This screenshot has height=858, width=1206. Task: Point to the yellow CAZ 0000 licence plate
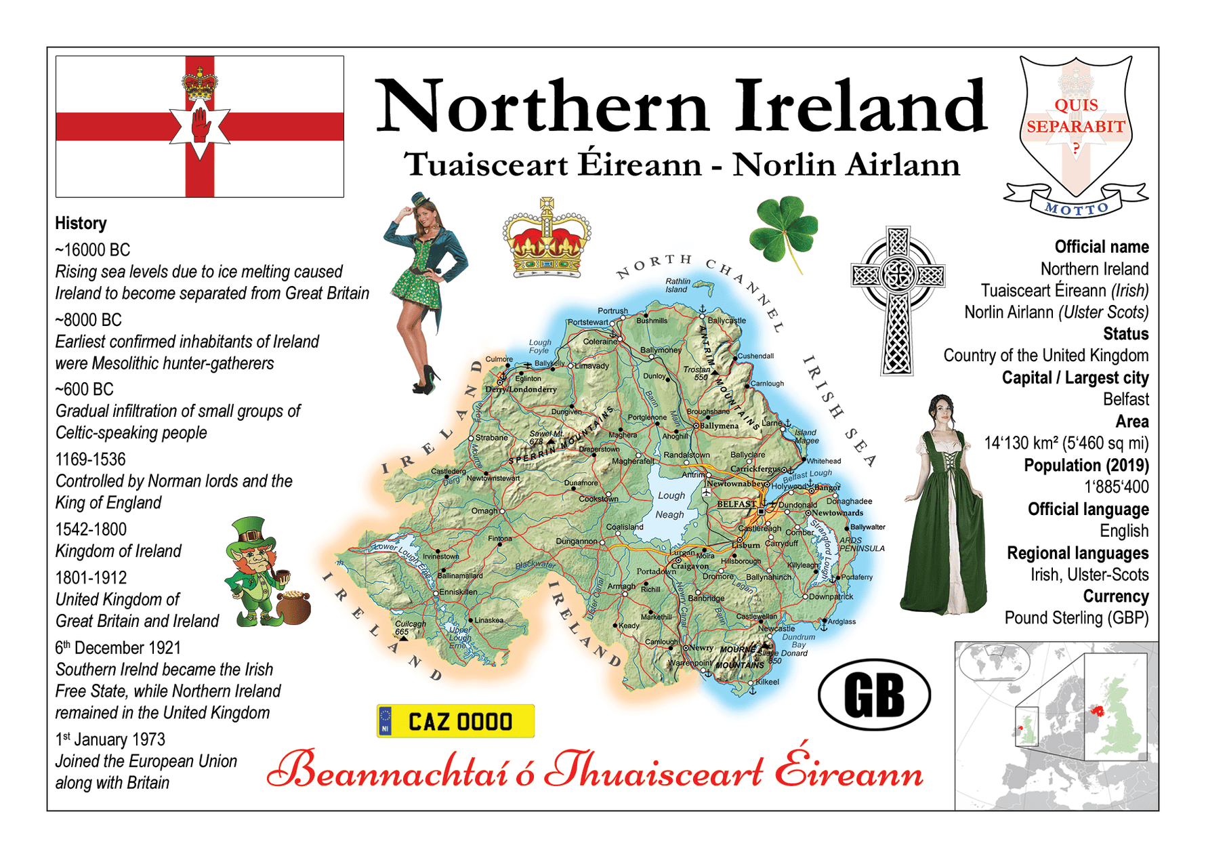click(455, 721)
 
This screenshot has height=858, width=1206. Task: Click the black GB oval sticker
click(874, 695)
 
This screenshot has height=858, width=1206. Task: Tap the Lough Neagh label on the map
click(670, 505)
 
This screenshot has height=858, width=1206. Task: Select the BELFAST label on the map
click(736, 504)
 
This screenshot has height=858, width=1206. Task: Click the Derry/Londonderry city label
click(521, 390)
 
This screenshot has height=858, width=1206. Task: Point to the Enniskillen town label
click(458, 592)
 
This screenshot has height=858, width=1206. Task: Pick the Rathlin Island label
click(677, 285)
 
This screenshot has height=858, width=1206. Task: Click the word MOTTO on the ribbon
click(1076, 209)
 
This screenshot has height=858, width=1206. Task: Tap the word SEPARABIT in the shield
click(1075, 127)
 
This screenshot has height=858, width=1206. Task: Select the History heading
click(81, 223)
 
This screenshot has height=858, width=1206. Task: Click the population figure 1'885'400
click(1117, 487)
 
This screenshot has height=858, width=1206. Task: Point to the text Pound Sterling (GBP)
click(1076, 618)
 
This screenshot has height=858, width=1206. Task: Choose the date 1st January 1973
click(110, 739)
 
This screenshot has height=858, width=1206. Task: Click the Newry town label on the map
click(701, 648)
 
